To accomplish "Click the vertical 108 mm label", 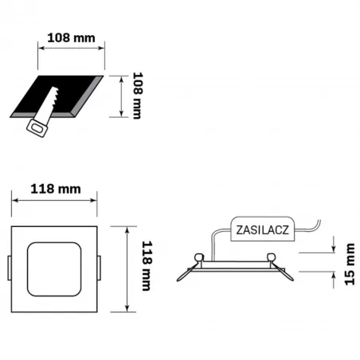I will tap(136, 96).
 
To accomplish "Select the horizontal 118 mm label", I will tap(55, 189).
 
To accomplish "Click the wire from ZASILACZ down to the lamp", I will tap(213, 243).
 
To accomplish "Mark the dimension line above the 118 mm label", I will tap(54, 202).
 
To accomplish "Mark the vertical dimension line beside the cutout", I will tap(120, 96).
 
